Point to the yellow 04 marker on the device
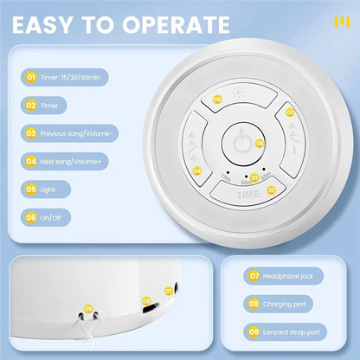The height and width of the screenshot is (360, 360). [197, 170]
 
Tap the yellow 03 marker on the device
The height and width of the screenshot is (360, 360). [290, 111]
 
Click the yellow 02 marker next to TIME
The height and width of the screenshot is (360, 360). [270, 189]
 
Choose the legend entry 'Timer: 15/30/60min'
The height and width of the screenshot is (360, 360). [65, 78]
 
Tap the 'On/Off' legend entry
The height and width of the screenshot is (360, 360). [47, 216]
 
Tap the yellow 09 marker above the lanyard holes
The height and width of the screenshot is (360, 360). [87, 308]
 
